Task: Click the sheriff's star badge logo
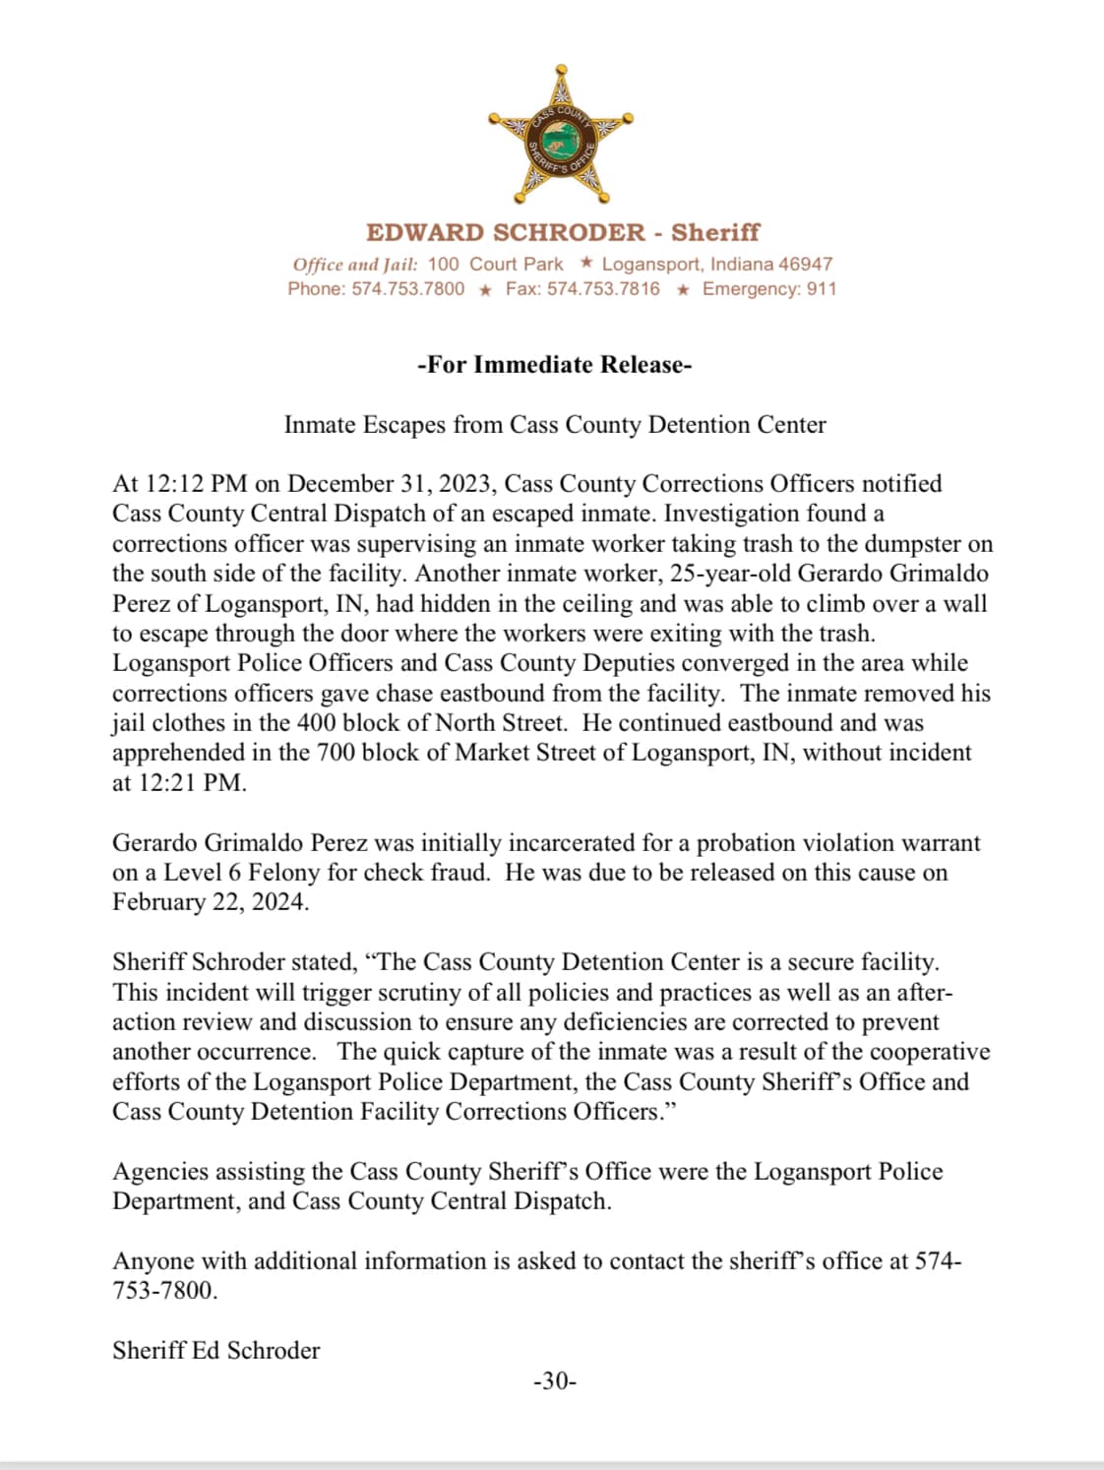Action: (x=561, y=137)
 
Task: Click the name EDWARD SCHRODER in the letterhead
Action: (x=506, y=232)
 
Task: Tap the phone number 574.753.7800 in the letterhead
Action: (x=408, y=289)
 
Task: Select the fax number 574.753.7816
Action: (x=603, y=289)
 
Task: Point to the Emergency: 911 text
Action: (x=769, y=289)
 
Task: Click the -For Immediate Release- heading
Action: (x=555, y=365)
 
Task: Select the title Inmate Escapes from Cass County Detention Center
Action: (x=555, y=425)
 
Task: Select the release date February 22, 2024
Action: (x=210, y=903)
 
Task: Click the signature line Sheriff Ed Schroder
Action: (x=216, y=1351)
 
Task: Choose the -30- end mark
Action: (x=555, y=1381)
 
